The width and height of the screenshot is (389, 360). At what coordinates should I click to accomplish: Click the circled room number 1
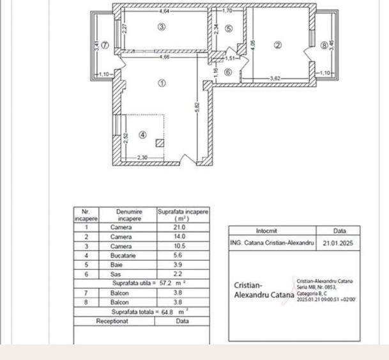click(162, 82)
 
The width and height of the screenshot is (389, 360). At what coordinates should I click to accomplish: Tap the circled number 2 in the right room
click(278, 45)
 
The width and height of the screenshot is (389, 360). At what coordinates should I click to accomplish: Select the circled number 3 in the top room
click(162, 27)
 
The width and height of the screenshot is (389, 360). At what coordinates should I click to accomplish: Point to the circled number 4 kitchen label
click(143, 134)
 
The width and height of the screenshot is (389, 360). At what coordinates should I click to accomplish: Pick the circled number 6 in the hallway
click(229, 72)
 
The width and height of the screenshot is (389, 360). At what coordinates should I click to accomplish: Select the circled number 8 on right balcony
click(324, 45)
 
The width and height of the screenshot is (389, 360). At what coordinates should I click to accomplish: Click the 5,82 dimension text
click(199, 109)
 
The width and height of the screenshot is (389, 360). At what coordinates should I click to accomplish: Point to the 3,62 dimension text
click(276, 79)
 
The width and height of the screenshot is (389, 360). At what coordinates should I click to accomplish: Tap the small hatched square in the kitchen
click(160, 143)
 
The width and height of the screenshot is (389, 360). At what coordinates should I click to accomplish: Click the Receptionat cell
click(112, 321)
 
